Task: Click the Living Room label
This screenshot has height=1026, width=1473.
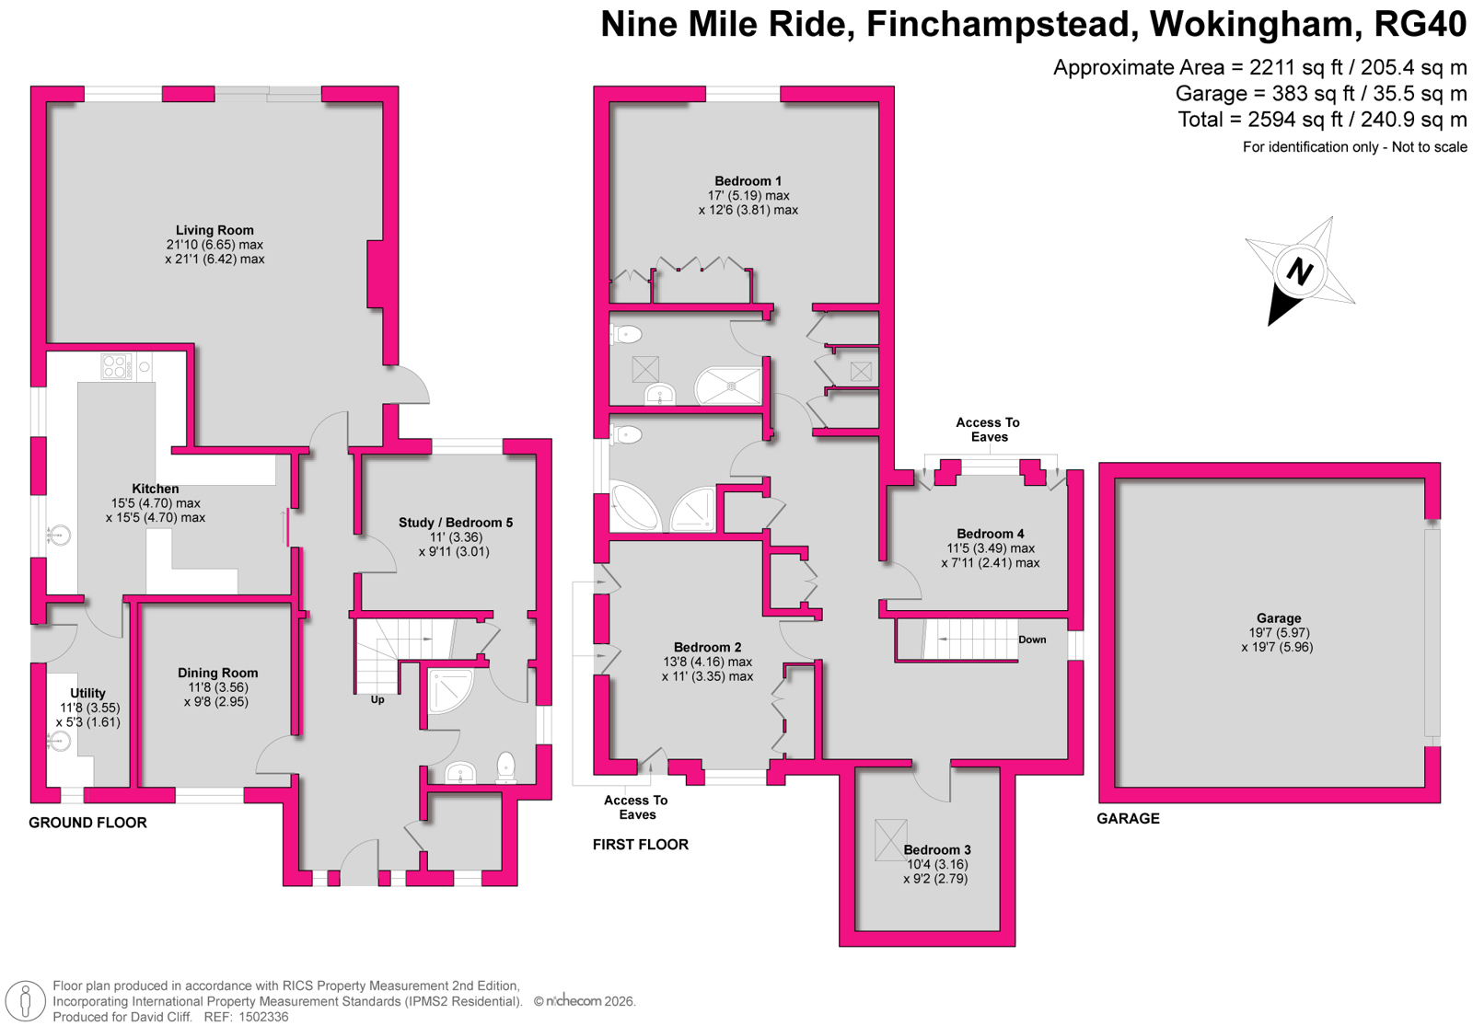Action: coord(215,230)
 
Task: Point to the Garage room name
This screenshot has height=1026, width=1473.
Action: coord(1279,617)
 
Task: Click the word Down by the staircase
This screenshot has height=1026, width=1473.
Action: coord(1032,640)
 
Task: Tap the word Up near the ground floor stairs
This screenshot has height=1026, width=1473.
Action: coord(377,699)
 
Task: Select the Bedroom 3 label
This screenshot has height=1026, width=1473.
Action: coord(937,850)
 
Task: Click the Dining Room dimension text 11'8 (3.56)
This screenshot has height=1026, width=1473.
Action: coord(217,687)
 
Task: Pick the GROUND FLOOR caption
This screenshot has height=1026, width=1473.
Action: coord(87,823)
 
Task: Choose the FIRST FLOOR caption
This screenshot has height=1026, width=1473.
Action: coord(641,845)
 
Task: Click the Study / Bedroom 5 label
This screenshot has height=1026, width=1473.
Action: coord(456,523)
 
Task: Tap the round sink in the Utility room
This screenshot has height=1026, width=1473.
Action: coord(59,742)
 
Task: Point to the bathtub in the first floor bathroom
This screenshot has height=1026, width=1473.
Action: coord(634,507)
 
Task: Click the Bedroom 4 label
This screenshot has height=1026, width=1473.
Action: coord(991,534)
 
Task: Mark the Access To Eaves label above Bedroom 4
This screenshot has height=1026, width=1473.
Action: coord(989,430)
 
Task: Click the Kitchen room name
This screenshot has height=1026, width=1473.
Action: coord(156,489)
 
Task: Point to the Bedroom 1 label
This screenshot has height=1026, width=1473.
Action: coord(748,180)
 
